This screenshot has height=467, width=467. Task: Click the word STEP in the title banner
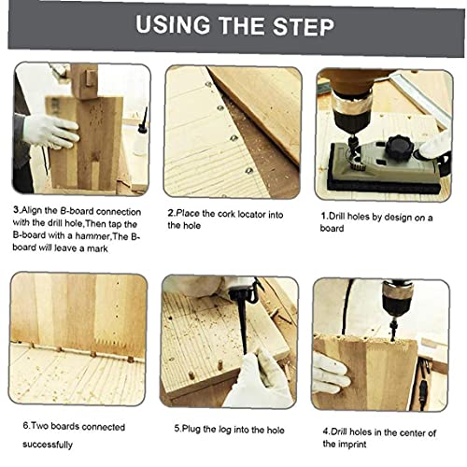tap(303, 26)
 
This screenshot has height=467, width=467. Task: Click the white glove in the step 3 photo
tap(50, 131)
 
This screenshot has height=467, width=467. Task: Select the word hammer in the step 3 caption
tap(92, 236)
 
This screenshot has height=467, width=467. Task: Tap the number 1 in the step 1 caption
tap(323, 216)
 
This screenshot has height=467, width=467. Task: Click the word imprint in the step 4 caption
tap(352, 444)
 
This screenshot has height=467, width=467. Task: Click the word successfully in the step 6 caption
tap(48, 445)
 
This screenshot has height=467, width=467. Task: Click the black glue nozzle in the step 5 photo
tap(244, 324)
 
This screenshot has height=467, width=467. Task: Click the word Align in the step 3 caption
tap(31, 211)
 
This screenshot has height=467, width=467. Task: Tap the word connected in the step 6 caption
tap(104, 427)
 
